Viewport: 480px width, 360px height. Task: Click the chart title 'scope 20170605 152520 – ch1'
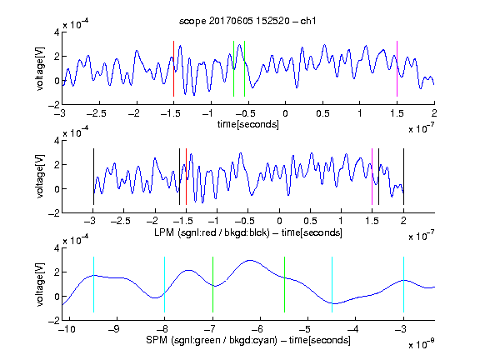click(247, 21)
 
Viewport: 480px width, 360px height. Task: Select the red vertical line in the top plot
click(173, 68)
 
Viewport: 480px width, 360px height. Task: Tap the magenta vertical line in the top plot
click(397, 68)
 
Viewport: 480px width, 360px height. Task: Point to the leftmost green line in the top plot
click(233, 68)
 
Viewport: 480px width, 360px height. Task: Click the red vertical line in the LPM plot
click(186, 177)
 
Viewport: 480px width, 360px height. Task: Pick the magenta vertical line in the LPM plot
click(372, 177)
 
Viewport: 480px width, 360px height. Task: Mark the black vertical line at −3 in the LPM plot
click(93, 177)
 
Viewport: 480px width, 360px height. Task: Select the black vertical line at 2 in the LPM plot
click(403, 177)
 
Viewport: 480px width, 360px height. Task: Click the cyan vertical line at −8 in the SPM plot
click(165, 285)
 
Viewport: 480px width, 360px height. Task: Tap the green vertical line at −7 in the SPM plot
click(212, 285)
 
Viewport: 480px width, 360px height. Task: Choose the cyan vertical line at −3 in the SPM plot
click(403, 285)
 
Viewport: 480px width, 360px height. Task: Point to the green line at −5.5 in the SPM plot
click(284, 285)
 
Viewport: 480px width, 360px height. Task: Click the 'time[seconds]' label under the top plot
click(248, 124)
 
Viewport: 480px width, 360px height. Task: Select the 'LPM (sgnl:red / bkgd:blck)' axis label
click(212, 232)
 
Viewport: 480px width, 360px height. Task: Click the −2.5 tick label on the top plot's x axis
click(97, 114)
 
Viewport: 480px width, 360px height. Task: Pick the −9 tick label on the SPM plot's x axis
click(114, 329)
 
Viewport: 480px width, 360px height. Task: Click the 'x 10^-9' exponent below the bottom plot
click(421, 344)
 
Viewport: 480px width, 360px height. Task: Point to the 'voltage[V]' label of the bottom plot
click(40, 284)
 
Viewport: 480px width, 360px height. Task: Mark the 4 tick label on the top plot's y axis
click(57, 32)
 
